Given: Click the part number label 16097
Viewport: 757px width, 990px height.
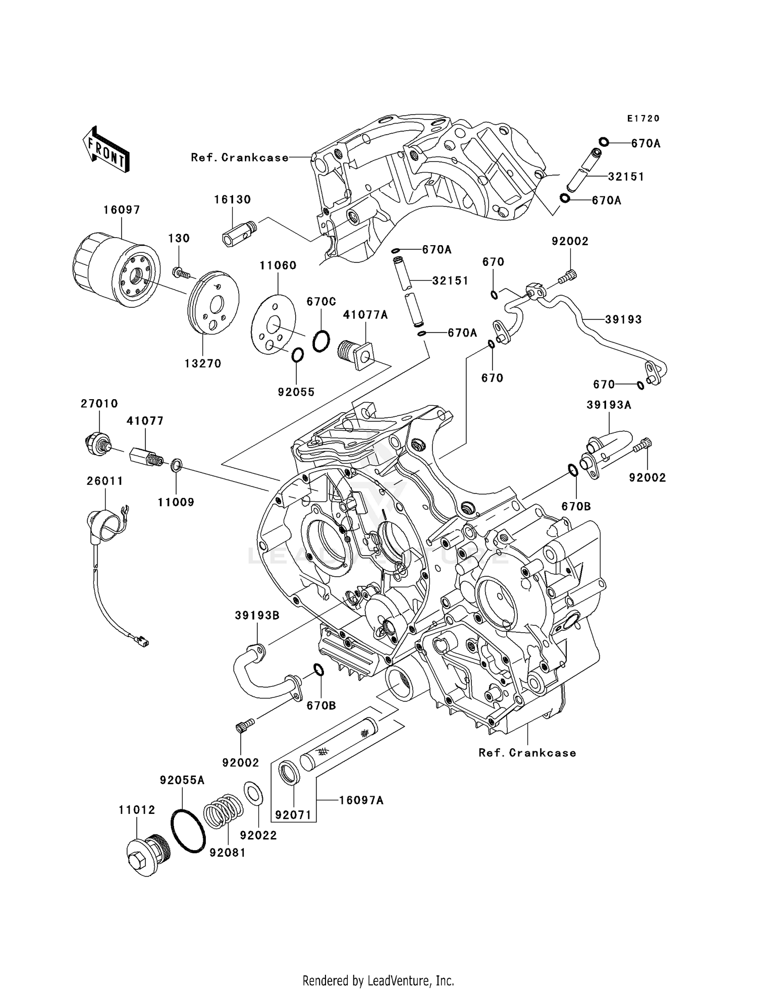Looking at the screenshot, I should [122, 210].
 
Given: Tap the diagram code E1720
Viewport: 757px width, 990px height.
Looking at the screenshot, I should [643, 119].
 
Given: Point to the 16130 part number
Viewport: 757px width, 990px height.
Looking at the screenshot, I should [232, 200].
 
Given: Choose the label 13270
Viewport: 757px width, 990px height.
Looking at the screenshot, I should [203, 363].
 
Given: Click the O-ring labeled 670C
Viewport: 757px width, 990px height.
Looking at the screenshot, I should [321, 341].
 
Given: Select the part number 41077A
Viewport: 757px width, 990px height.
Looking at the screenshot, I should [365, 315].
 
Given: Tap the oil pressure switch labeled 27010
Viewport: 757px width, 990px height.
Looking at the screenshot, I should [97, 444].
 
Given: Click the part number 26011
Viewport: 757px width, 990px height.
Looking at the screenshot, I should [104, 481].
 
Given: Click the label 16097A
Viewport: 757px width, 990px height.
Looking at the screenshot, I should [361, 801].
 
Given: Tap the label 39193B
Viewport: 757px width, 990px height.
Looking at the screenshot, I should [257, 616].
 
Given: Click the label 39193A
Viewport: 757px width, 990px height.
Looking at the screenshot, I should [609, 405].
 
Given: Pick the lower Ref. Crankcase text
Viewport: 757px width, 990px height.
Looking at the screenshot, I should [527, 753].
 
